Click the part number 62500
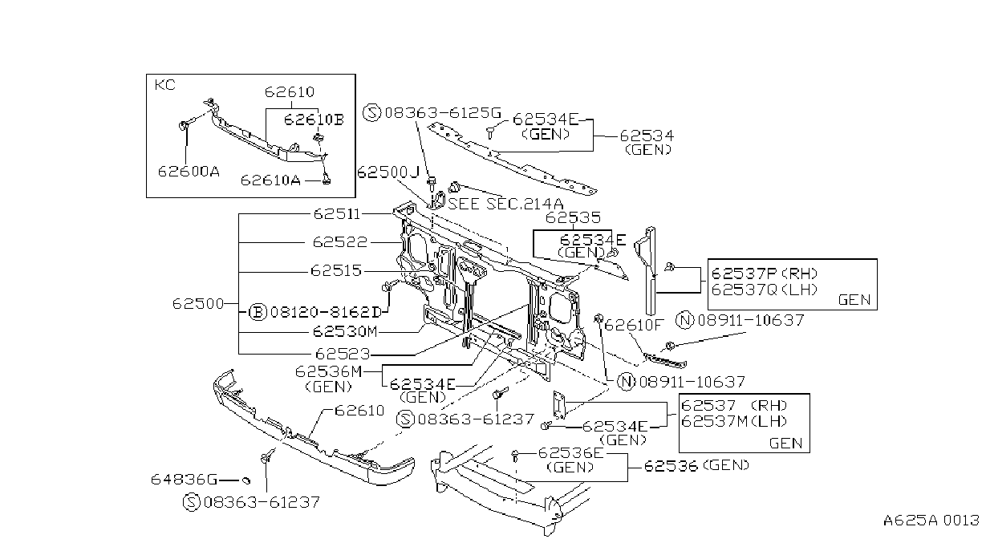[x=198, y=304]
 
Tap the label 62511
[x=337, y=214]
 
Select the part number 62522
[x=340, y=242]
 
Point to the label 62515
[x=336, y=270]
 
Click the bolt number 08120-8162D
[x=326, y=312]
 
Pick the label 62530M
[x=345, y=331]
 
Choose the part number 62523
[x=343, y=354]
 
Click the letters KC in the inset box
[x=165, y=84]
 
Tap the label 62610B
[x=314, y=120]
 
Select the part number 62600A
[x=189, y=171]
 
